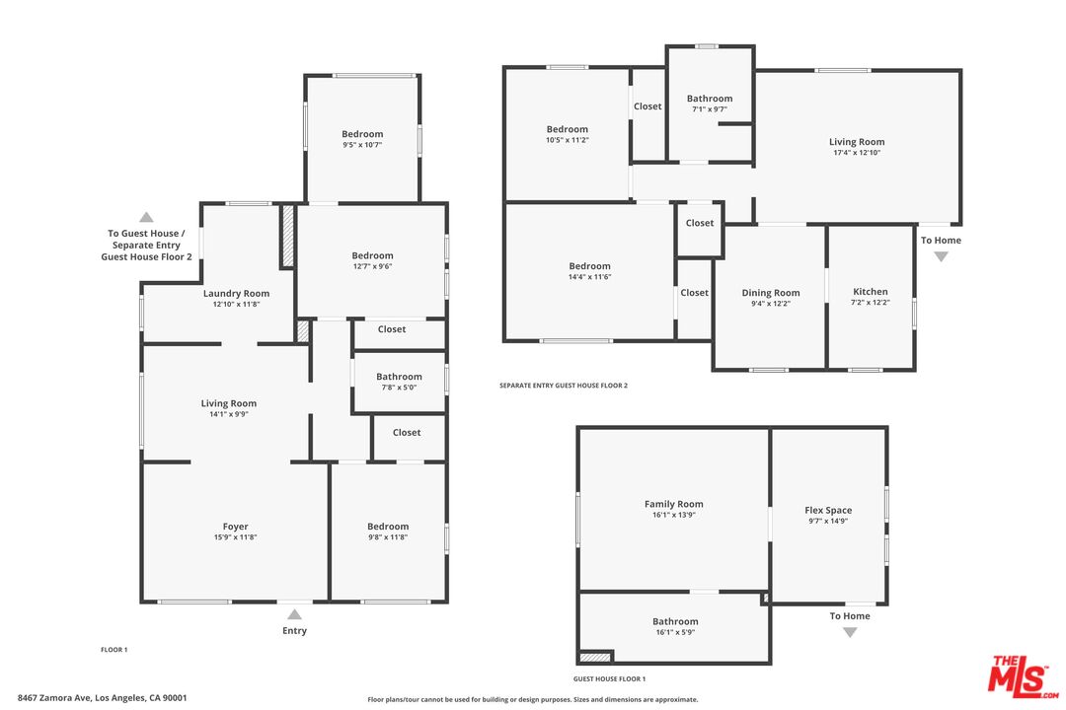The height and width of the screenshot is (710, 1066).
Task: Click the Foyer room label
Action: pyautogui.click(x=235, y=527)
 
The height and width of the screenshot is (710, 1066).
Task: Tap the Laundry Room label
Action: pyautogui.click(x=236, y=294)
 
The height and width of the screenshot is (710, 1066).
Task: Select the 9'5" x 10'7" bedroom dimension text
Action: pyautogui.click(x=362, y=145)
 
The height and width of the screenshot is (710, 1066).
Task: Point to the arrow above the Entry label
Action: pyautogui.click(x=294, y=614)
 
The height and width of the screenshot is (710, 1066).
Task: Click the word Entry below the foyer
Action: pyautogui.click(x=294, y=630)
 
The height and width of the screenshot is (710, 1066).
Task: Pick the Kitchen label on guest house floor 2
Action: pyautogui.click(x=871, y=292)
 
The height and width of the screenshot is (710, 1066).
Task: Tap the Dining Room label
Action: pyautogui.click(x=770, y=293)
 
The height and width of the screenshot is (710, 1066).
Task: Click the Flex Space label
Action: pyautogui.click(x=828, y=510)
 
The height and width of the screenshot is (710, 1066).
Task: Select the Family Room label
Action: pyautogui.click(x=674, y=504)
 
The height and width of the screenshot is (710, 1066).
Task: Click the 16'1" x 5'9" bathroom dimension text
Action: pyautogui.click(x=675, y=632)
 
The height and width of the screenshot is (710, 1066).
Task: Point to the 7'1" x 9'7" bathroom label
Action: pyautogui.click(x=710, y=99)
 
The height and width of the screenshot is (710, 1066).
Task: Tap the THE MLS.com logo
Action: pyautogui.click(x=1024, y=676)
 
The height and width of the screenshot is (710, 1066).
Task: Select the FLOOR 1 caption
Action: pyautogui.click(x=114, y=650)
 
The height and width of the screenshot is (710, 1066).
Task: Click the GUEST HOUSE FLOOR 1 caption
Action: pyautogui.click(x=609, y=678)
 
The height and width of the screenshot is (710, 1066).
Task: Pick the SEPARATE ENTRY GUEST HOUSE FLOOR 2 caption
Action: pyautogui.click(x=564, y=386)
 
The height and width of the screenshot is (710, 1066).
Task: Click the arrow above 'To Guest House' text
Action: pyautogui.click(x=146, y=217)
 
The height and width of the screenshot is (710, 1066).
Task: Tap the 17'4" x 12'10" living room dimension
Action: pyautogui.click(x=857, y=153)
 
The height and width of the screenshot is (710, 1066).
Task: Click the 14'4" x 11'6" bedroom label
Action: pyautogui.click(x=589, y=266)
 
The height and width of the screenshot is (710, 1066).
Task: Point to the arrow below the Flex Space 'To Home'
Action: pyautogui.click(x=850, y=632)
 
